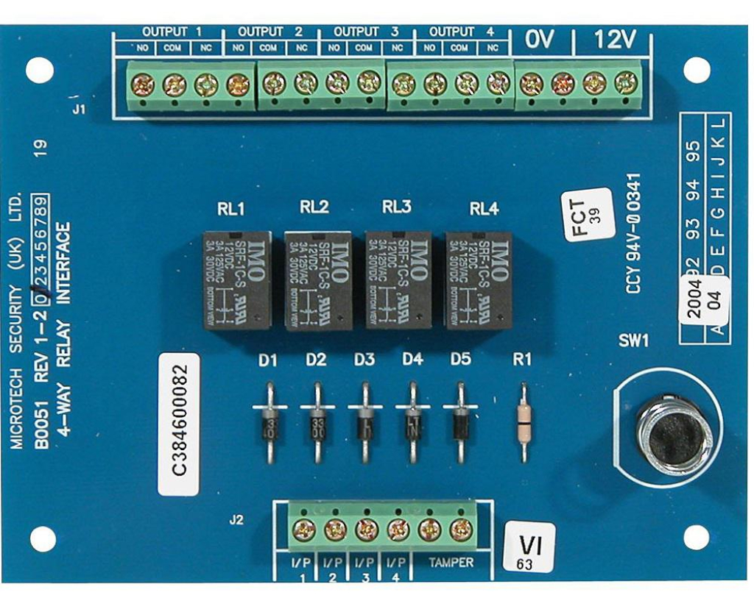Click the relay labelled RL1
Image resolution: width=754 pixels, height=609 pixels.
click(237, 279)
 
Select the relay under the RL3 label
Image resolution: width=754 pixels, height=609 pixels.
click(398, 279)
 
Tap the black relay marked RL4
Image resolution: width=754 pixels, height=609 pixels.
click(479, 279)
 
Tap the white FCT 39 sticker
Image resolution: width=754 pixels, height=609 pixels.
click(588, 214)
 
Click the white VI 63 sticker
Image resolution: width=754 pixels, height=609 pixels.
click(529, 548)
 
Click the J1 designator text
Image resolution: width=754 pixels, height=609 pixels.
click(80, 110)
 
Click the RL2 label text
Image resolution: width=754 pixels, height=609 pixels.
click(314, 208)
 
